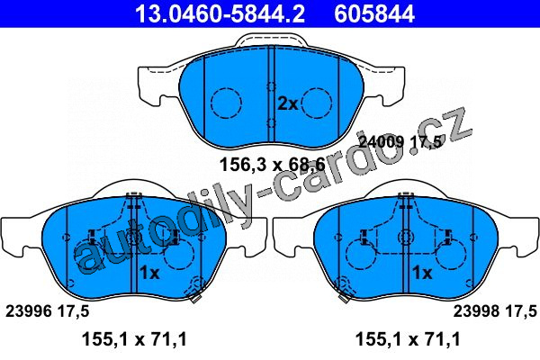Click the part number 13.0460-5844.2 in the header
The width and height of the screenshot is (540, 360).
(220, 13)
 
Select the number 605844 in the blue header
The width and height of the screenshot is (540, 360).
(374, 13)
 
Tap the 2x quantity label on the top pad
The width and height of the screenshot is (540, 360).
(288, 103)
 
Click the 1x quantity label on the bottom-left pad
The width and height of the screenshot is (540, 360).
(149, 273)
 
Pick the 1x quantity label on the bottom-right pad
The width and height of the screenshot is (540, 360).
(422, 273)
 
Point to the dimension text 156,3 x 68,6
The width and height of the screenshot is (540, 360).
(272, 165)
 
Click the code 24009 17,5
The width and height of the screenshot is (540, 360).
(400, 141)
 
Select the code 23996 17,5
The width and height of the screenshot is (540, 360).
(47, 311)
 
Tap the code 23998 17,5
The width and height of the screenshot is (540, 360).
(495, 311)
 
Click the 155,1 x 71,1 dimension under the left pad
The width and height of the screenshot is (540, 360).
(134, 339)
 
